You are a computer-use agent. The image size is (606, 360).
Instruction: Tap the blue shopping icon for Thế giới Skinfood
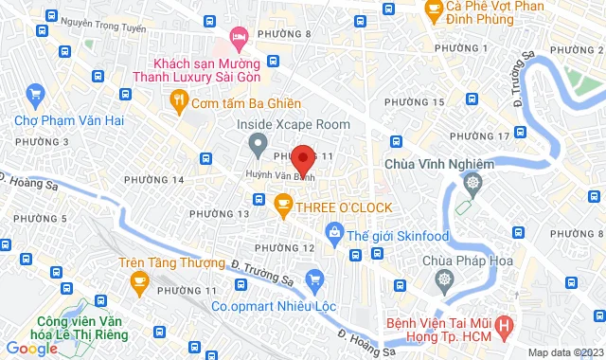pyautogui.click(x=333, y=231)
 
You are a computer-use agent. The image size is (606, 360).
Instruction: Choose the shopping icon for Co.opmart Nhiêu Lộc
pyautogui.click(x=315, y=279)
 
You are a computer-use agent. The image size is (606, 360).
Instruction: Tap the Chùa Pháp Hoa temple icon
pyautogui.click(x=444, y=280)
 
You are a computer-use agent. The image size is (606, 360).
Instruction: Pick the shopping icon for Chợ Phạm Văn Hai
pyautogui.click(x=36, y=94)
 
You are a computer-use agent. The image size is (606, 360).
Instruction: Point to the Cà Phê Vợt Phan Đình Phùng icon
pyautogui.click(x=436, y=10)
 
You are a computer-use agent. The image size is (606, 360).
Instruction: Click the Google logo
pyautogui.click(x=31, y=349)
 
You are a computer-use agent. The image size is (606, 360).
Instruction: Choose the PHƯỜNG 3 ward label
pyautogui.click(x=26, y=142)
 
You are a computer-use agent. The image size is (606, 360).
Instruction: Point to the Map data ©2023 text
pyautogui.click(x=563, y=352)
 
